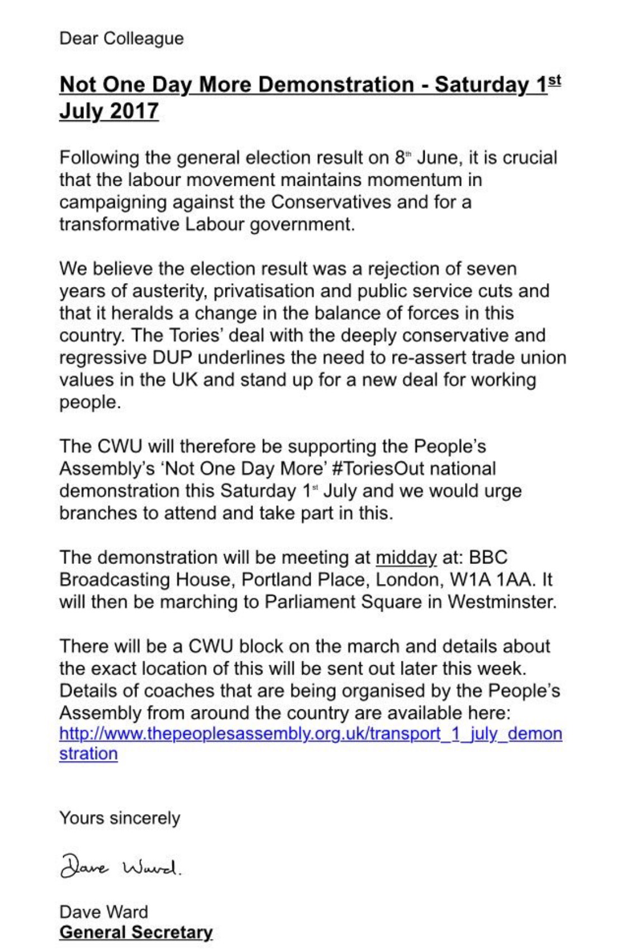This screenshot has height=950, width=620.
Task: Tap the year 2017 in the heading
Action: [x=134, y=110]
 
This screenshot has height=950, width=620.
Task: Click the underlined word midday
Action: [x=406, y=557]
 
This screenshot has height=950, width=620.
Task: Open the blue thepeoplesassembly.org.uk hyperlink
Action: [x=311, y=733]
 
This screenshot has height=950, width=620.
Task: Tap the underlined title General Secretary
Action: [x=136, y=933]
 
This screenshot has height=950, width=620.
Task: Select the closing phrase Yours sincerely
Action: [x=120, y=818]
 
